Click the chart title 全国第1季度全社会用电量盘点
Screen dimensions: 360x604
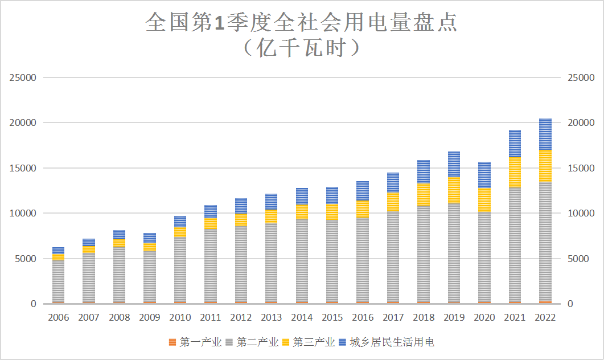tap(302, 23)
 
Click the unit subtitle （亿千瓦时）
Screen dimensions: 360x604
tap(302, 48)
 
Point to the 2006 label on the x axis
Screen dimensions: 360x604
tap(58, 318)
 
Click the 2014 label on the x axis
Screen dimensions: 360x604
tap(302, 318)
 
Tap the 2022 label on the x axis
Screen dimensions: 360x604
tap(545, 318)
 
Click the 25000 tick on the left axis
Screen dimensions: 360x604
tap(23, 77)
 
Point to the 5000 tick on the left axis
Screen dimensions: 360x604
tap(25, 259)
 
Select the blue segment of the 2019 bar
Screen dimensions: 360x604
tap(454, 165)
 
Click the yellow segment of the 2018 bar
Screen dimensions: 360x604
tap(424, 194)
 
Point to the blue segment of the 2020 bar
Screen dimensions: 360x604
tap(484, 174)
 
